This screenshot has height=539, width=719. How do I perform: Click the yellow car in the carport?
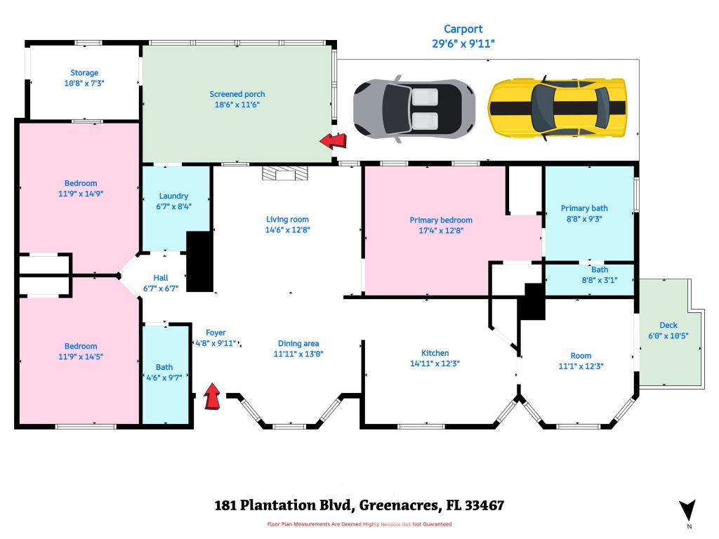pos(558,107)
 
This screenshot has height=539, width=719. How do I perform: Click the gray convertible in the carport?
pos(414,109)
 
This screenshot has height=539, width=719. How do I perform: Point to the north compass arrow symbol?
pos(687,510)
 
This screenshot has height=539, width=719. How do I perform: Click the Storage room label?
pos(84,73)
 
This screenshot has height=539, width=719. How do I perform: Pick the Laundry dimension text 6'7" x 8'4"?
pos(173,206)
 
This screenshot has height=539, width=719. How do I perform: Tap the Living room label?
pos(287,220)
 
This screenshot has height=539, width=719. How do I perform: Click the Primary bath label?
pos(584,208)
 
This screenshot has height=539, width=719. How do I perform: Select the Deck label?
pos(668,326)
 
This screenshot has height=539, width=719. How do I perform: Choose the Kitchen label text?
pos(435,353)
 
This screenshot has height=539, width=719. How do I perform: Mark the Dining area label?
pos(298,344)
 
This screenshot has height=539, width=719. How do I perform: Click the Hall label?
pos(161,278)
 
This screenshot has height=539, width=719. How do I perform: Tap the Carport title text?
pos(463,29)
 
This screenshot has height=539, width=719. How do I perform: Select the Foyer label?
pos(216,333)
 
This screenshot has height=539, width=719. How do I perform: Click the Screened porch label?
pos(237,94)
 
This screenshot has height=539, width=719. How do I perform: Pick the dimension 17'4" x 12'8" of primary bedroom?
pos(441,229)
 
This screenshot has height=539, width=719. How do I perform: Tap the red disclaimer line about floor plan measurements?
pos(359,524)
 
